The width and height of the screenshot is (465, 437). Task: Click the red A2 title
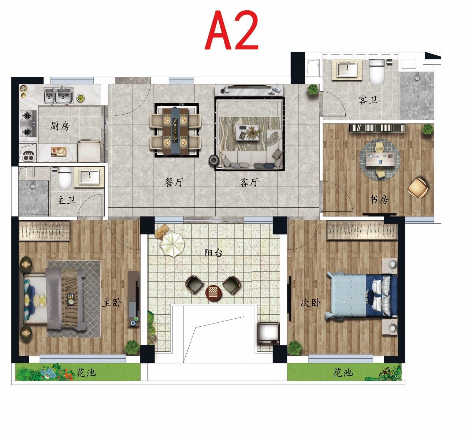[231, 30]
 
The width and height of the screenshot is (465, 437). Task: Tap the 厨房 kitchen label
[60, 126]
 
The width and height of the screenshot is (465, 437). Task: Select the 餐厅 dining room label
[174, 182]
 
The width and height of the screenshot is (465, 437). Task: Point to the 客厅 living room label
[249, 182]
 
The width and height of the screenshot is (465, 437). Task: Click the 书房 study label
[379, 200]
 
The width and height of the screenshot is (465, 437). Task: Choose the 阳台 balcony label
[213, 253]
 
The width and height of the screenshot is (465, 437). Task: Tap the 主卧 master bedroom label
[112, 303]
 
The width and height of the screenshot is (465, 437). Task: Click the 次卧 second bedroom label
[310, 303]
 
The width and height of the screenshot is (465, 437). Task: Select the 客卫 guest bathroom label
[368, 100]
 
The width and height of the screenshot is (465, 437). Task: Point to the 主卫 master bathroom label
[66, 200]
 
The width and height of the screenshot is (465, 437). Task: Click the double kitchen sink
[59, 95]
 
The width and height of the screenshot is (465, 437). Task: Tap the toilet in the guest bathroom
[377, 71]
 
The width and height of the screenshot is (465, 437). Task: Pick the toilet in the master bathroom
[64, 178]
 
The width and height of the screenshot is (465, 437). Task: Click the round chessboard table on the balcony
[213, 292]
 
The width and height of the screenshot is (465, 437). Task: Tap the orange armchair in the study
[418, 188]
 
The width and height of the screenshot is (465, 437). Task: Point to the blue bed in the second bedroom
[361, 296]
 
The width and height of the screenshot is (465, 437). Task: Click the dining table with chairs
[175, 130]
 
